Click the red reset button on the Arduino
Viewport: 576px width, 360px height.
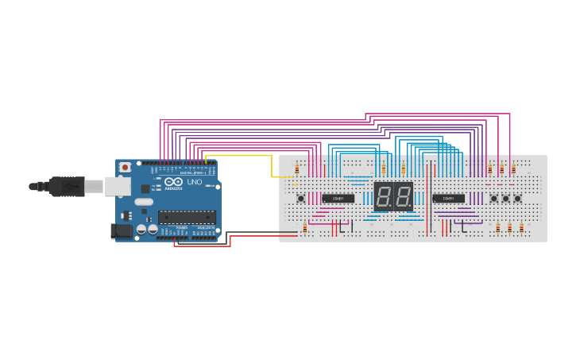point(125,167)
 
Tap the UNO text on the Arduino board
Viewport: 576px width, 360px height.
point(194,182)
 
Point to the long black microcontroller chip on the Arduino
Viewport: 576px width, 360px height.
point(187,216)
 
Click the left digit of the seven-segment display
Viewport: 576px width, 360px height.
point(383,196)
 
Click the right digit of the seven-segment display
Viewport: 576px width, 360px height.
point(403,196)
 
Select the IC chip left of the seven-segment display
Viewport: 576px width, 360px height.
point(338,198)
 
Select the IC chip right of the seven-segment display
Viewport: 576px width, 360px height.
point(448,198)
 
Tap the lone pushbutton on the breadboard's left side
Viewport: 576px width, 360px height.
point(300,198)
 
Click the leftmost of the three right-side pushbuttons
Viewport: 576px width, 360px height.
point(493,198)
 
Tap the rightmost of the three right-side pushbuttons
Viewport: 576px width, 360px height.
point(517,198)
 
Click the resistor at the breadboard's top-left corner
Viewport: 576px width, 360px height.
point(297,169)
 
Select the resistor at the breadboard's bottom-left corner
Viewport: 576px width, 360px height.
point(304,227)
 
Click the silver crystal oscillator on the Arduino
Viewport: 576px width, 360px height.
point(144,202)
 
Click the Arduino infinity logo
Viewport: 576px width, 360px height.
point(174,182)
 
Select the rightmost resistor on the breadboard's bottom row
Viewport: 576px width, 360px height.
point(521,227)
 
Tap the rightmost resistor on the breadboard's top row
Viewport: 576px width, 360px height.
point(513,169)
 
